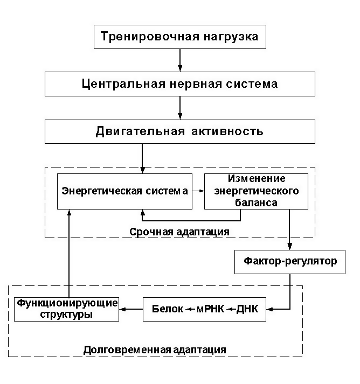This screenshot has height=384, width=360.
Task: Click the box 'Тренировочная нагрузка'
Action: click(x=180, y=37)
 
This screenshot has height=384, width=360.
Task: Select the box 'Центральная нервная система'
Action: click(x=180, y=84)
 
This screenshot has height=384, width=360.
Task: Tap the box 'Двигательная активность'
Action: click(x=180, y=131)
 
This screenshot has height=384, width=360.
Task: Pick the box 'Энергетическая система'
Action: click(x=125, y=191)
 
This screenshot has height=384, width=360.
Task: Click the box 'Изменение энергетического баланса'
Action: click(x=256, y=191)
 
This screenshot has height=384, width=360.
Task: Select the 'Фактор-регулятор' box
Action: click(x=290, y=262)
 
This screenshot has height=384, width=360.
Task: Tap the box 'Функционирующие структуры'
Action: click(x=66, y=309)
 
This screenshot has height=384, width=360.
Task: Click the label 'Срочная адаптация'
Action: click(x=179, y=231)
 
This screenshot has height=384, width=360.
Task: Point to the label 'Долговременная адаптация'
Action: click(x=155, y=349)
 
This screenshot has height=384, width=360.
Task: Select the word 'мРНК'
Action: click(x=211, y=309)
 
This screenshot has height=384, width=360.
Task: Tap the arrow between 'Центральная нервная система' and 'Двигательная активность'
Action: click(x=180, y=108)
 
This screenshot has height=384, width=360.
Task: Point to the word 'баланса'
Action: click(x=256, y=203)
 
